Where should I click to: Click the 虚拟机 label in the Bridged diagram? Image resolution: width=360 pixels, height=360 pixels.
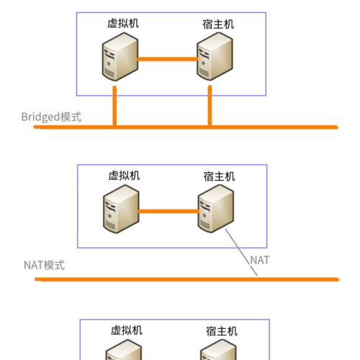(x=123, y=24)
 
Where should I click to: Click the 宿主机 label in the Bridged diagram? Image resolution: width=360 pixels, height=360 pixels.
(x=218, y=24)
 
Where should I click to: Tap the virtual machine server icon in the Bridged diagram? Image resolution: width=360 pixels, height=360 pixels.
(x=120, y=57)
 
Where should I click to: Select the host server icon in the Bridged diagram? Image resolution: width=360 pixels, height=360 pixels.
(x=215, y=57)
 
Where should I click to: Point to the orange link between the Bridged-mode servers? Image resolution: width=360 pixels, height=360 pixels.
(x=167, y=59)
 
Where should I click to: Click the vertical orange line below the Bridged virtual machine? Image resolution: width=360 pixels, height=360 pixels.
(x=114, y=106)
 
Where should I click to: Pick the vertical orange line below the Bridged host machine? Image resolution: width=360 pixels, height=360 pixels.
(x=210, y=106)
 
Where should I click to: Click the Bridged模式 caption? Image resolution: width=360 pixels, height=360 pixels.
(x=51, y=117)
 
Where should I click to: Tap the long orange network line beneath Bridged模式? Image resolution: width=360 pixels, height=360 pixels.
(x=186, y=127)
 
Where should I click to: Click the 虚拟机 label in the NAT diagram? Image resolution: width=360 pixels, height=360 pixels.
(x=124, y=176)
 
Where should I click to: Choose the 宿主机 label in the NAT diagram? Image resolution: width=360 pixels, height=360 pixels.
(x=219, y=176)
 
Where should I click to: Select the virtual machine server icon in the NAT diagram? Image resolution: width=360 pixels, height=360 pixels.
(x=121, y=209)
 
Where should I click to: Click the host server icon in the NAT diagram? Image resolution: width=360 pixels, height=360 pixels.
(x=216, y=209)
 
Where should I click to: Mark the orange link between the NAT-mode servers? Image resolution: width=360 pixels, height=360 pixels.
(x=168, y=211)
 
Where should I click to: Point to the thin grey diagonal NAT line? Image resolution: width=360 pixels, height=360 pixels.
(x=241, y=253)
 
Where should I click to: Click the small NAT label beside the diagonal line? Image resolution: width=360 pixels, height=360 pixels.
(x=260, y=260)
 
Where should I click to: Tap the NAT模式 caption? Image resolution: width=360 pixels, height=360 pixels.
(x=45, y=266)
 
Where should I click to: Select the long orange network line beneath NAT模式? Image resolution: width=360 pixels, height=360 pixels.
(x=186, y=279)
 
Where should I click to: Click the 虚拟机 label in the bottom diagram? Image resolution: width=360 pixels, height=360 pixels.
(x=127, y=330)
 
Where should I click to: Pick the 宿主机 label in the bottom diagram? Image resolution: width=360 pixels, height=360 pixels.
(x=222, y=331)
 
